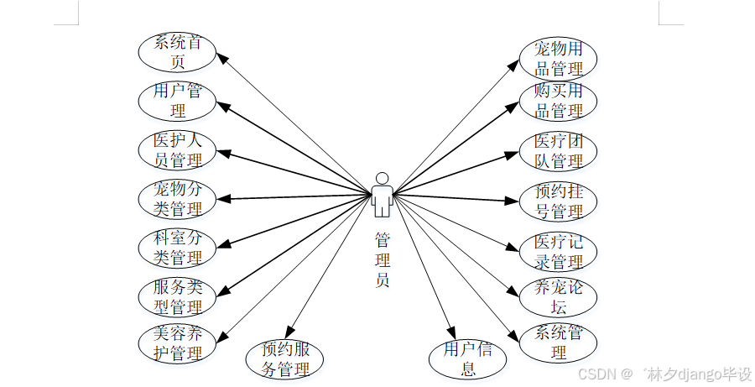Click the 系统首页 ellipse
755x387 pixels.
pos(177,51)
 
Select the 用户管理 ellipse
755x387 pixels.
pos(177,100)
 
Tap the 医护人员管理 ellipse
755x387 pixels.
pos(177,149)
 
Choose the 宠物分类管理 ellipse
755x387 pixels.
pos(177,198)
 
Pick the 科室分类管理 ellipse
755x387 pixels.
pos(177,247)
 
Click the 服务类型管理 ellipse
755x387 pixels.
pos(177,295)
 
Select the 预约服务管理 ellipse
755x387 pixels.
pos(284,358)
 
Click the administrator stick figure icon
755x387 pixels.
pos(382,195)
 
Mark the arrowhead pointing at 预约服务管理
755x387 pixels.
pos(289,332)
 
